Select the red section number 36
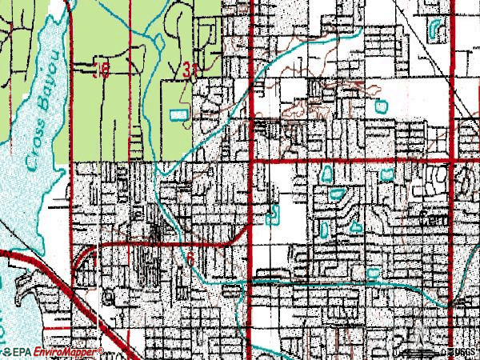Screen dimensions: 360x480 coord(101,71)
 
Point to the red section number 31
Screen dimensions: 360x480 coord(190,71)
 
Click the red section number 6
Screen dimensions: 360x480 coord(190,260)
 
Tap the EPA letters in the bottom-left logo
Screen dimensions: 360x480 coord(18,351)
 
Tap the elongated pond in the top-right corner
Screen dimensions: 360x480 coord(436,30)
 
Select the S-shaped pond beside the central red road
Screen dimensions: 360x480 coord(274,215)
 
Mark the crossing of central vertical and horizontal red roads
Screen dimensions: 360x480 coord(254,161)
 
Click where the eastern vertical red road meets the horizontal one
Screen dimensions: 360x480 coord(454,161)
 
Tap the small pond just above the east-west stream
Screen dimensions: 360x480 coord(372,274)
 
